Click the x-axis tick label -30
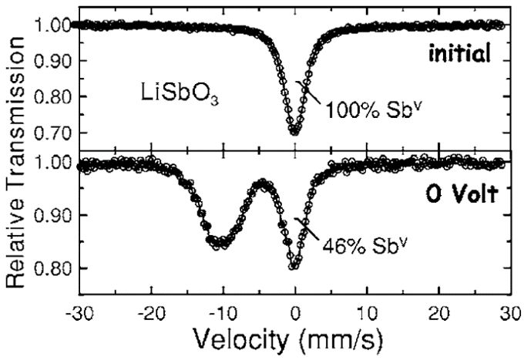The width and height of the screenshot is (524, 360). (80, 315)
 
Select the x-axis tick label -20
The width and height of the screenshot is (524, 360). (151, 315)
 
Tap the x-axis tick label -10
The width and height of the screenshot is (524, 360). (223, 315)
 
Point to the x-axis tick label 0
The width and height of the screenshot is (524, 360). (295, 315)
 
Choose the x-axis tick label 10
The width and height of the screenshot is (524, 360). (368, 315)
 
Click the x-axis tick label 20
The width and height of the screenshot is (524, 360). (439, 315)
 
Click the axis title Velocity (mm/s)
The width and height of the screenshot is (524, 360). (287, 341)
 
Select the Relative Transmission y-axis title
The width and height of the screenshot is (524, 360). (15, 162)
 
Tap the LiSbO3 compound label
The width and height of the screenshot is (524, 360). (180, 93)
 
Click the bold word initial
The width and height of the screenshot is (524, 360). (460, 53)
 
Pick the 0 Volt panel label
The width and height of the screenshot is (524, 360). (462, 194)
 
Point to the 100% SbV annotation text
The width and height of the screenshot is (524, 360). (371, 110)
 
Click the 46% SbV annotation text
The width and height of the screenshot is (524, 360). (365, 246)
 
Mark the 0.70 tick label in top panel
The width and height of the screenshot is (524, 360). (53, 133)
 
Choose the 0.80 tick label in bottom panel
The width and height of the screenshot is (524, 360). (53, 268)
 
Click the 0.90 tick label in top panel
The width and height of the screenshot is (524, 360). (53, 61)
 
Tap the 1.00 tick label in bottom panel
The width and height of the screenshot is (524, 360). (53, 163)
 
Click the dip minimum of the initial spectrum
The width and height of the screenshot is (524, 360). (294, 133)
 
